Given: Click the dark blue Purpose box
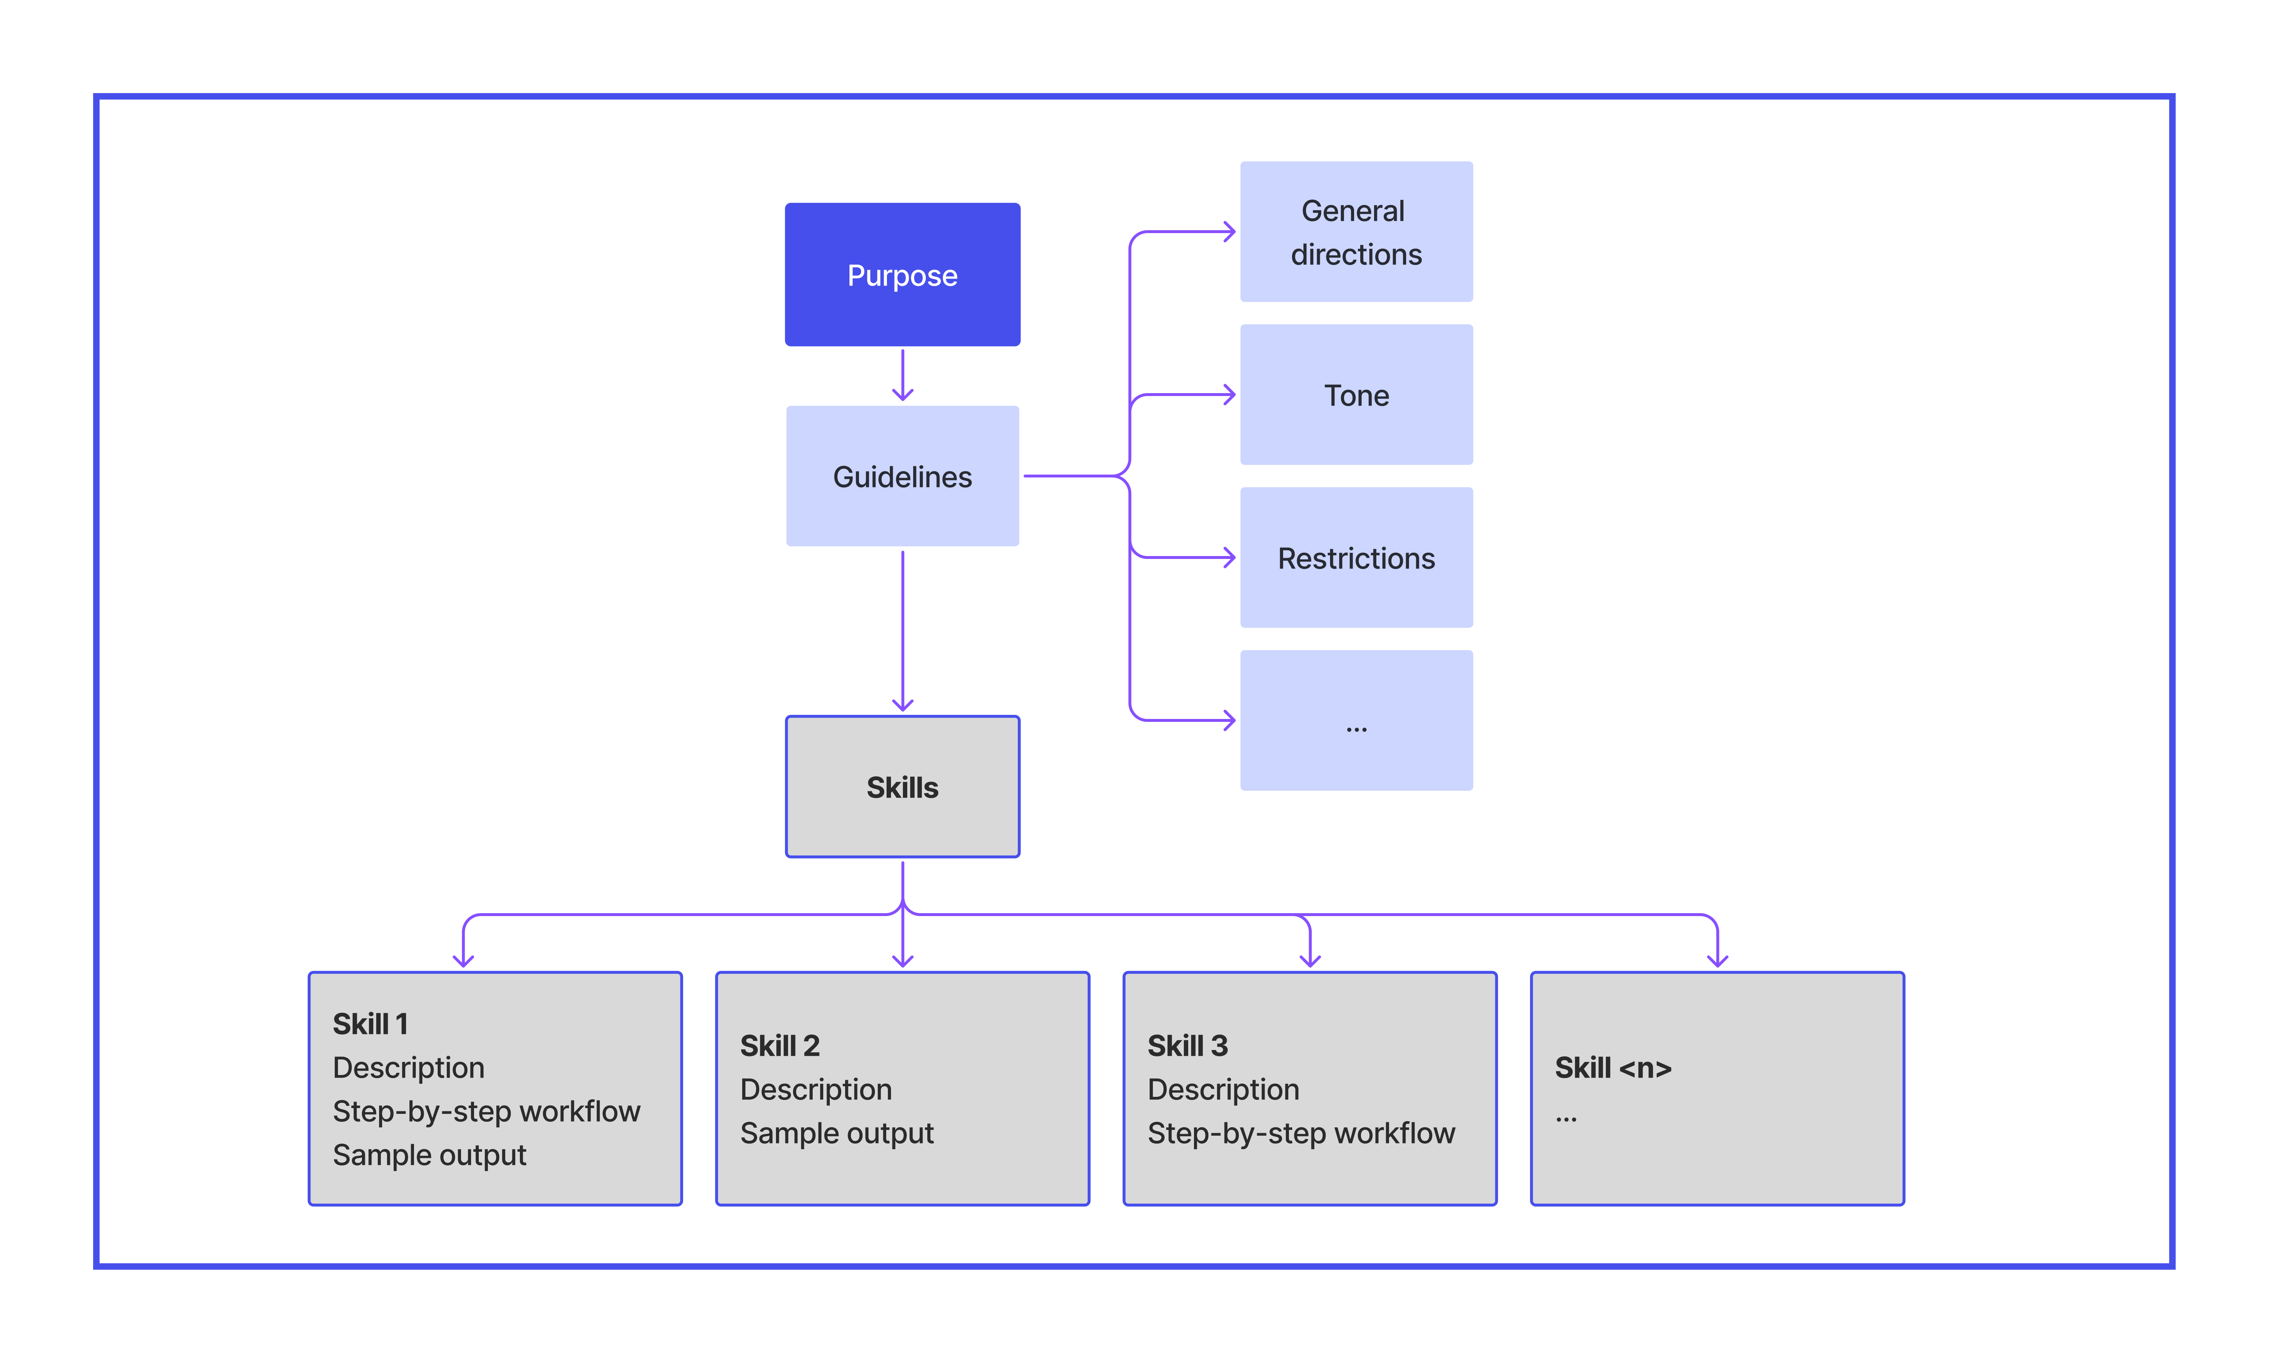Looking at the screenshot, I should coord(902,275).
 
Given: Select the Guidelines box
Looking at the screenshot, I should coord(902,476).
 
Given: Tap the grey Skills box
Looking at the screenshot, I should coord(902,787).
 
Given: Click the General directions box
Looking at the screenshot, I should coord(1356,232).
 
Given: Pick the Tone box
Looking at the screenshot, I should coord(1356,395).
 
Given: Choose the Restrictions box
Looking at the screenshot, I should coord(1356,557).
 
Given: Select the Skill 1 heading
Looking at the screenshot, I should coord(370,1023).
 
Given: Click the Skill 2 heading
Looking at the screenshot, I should coord(779,1045).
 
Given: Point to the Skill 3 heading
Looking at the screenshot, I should coord(1187,1045).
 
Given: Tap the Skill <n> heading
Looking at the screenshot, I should coord(1612,1067).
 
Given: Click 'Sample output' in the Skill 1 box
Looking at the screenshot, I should coord(429,1155).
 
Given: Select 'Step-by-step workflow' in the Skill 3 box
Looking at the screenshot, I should coord(1301,1132).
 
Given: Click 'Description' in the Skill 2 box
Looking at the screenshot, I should coord(816,1089).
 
